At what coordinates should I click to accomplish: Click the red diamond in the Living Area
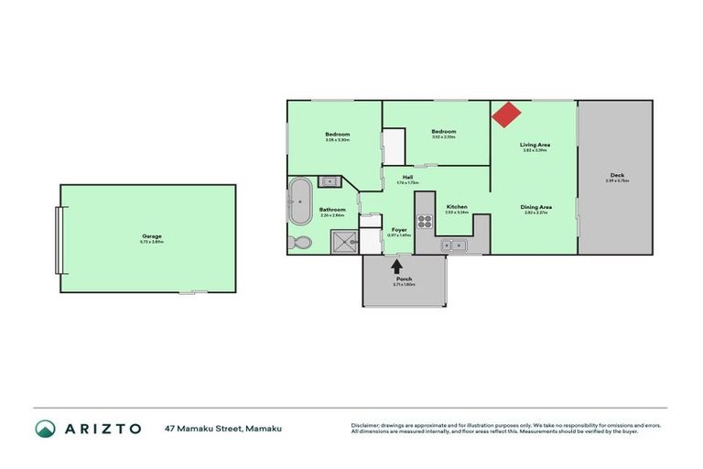(506, 115)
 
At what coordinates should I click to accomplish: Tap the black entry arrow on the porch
(397, 267)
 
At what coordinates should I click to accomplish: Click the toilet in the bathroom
(299, 243)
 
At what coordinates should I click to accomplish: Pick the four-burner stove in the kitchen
(425, 221)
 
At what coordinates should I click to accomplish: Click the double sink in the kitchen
(453, 245)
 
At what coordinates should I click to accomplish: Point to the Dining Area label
(535, 207)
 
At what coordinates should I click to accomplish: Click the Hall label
(407, 177)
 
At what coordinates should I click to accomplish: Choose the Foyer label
(399, 229)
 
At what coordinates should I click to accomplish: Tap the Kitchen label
(457, 207)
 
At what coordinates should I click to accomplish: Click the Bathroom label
(332, 210)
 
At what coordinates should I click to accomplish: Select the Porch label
(404, 279)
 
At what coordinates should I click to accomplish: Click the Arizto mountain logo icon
(46, 428)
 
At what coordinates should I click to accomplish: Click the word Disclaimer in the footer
(367, 425)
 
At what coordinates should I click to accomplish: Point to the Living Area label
(535, 145)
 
